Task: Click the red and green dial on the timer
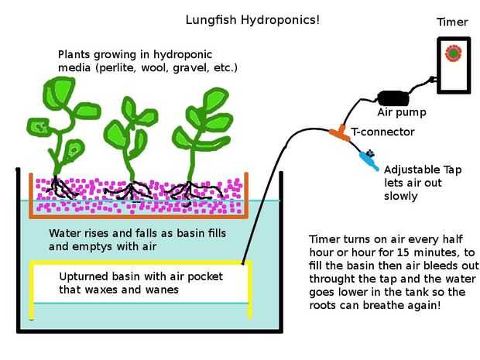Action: click(453, 54)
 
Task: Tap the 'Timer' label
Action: click(452, 22)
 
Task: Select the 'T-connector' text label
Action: click(383, 132)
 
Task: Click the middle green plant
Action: click(128, 135)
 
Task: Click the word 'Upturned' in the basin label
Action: click(84, 276)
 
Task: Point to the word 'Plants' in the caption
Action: click(75, 54)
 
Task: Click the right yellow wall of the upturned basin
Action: click(250, 290)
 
